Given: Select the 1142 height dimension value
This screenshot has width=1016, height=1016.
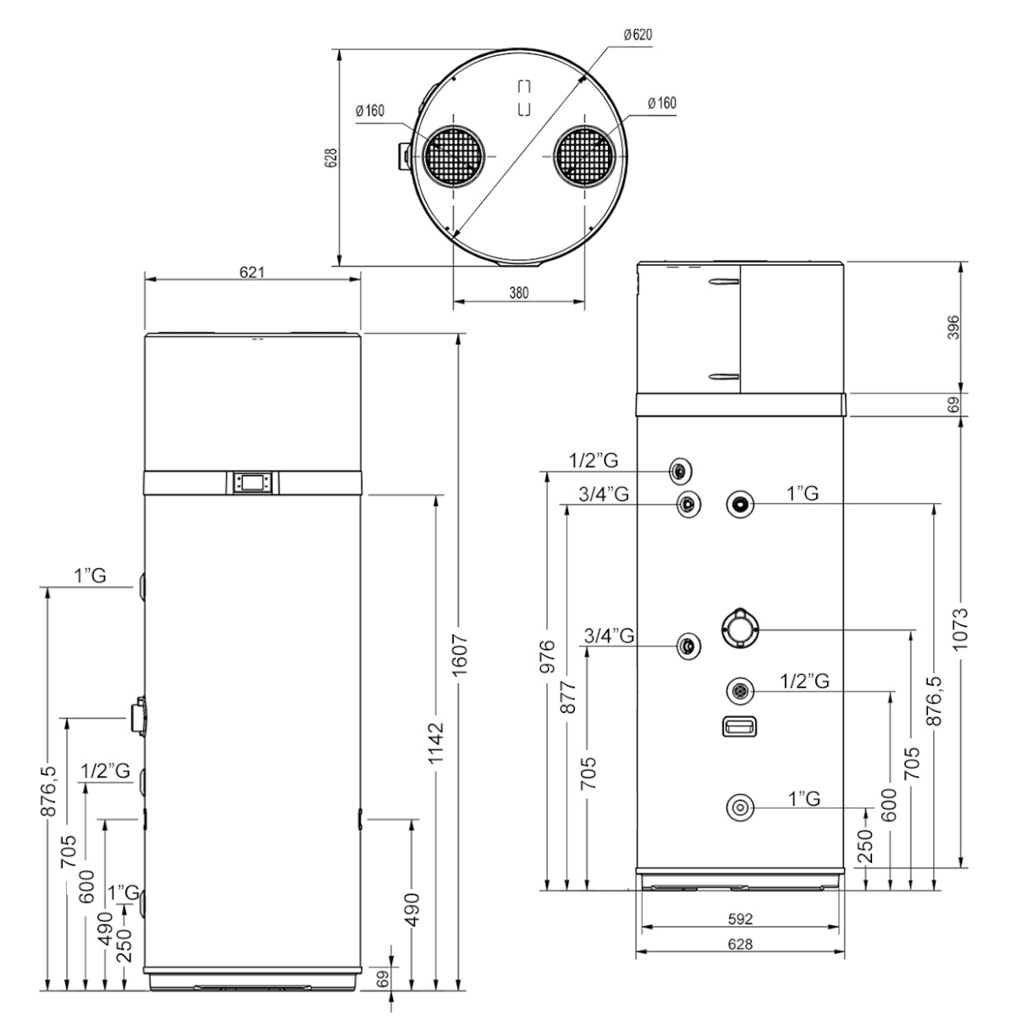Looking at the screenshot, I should point(435,743).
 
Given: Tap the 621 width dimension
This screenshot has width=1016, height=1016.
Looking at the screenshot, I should point(252,273).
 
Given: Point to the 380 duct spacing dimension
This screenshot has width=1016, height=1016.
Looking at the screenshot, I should point(518,293).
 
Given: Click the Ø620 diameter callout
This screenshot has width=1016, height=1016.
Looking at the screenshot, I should point(637,35).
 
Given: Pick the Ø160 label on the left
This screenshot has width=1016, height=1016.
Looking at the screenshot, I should point(371,110).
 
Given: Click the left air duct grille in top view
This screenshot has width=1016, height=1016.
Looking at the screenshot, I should point(456,157).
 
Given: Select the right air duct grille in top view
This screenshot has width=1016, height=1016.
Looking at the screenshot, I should point(586,157).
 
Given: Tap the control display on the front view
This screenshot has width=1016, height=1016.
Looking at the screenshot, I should point(252,483).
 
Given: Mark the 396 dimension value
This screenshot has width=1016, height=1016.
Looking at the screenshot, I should point(953,327).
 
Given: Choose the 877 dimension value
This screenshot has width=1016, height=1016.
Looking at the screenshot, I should point(568,696).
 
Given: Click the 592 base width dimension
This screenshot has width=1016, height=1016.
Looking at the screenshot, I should point(741,919).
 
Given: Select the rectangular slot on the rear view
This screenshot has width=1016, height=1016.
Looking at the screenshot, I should point(739,726).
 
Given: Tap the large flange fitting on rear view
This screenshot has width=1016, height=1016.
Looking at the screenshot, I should point(740,628).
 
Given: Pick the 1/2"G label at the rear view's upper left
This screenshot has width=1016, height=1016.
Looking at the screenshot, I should point(593,461).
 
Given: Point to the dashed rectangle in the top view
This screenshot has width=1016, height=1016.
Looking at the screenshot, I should point(524,97).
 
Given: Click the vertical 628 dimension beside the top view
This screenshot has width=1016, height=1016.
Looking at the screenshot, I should point(332,157).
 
